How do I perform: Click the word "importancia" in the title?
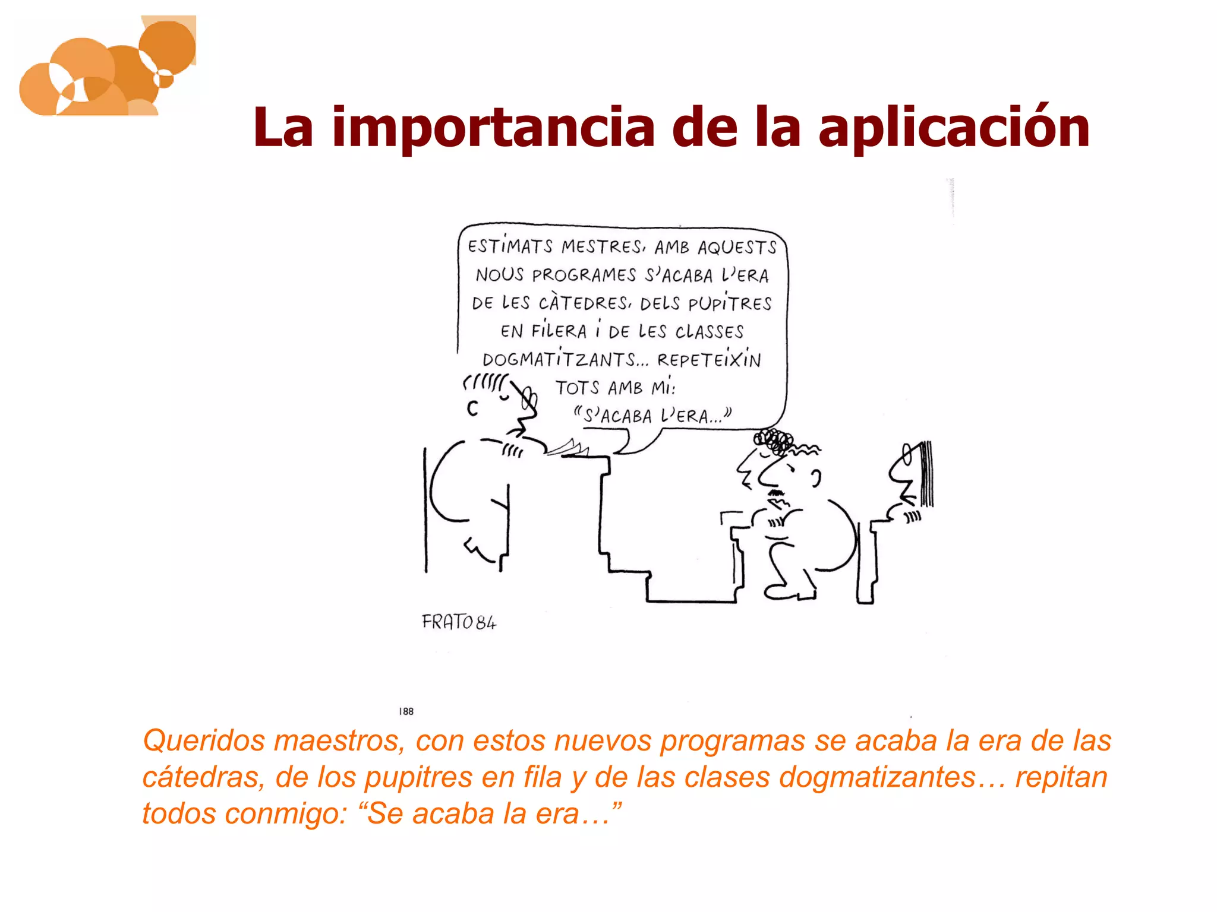(493, 127)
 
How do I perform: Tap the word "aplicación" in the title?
(954, 128)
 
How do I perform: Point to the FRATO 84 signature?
(459, 622)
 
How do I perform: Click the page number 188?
(406, 711)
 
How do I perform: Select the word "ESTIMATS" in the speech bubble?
(510, 246)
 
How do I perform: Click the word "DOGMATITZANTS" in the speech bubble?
(559, 360)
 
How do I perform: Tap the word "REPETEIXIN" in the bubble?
(708, 360)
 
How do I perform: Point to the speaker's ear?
(472, 408)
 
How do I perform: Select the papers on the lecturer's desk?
(567, 448)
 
